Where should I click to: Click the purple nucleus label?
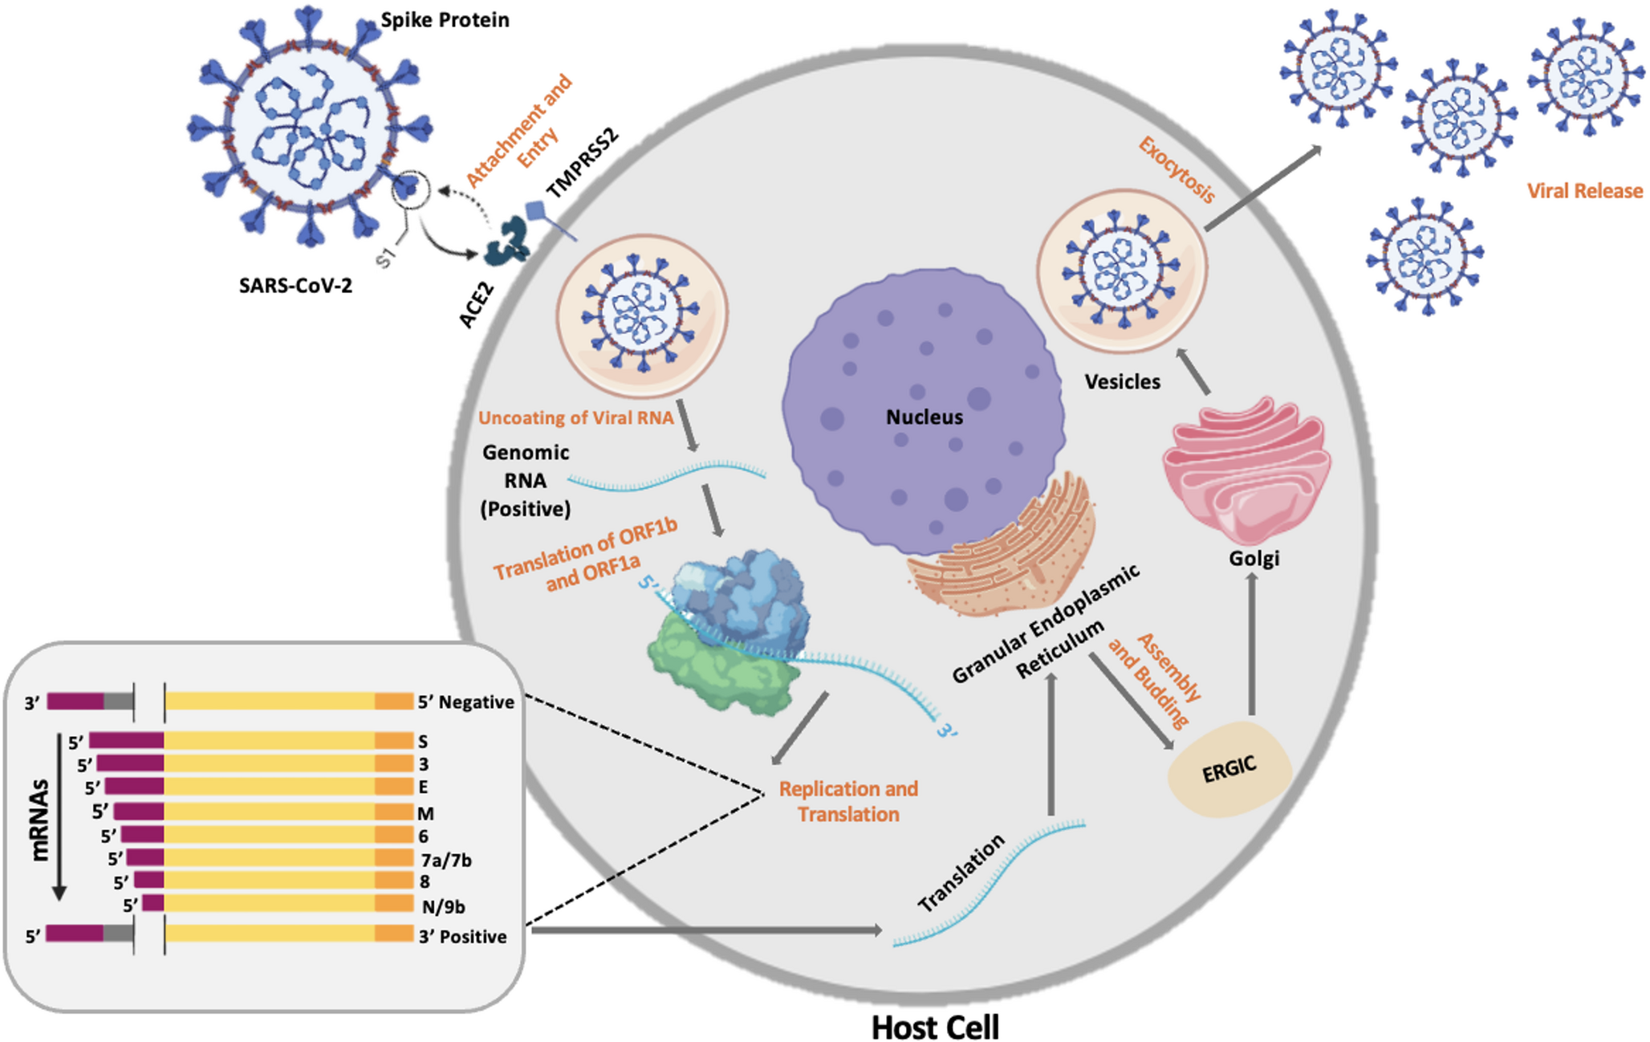[x=924, y=417]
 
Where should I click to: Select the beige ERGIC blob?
[x=1229, y=769]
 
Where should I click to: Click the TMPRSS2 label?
[x=583, y=162]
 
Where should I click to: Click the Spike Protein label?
[x=445, y=20]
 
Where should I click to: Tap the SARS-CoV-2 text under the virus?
[x=295, y=286]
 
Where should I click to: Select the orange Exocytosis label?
[x=1177, y=170]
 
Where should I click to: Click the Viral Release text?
[x=1584, y=191]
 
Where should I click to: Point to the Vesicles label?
[x=1122, y=382]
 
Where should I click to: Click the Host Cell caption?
[x=935, y=1027]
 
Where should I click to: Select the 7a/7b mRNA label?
[x=446, y=860]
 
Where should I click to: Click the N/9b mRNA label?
[x=443, y=906]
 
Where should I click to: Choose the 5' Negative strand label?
[x=465, y=702]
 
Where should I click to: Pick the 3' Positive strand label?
[x=462, y=937]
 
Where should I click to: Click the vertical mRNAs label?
[x=39, y=820]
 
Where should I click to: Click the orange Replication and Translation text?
[x=848, y=801]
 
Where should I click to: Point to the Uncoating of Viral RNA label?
[x=575, y=418]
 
